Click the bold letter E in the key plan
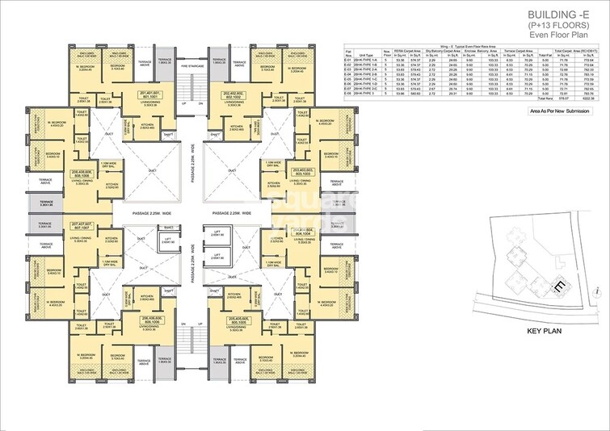tap(557, 285)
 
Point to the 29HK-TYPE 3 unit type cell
tap(372, 93)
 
